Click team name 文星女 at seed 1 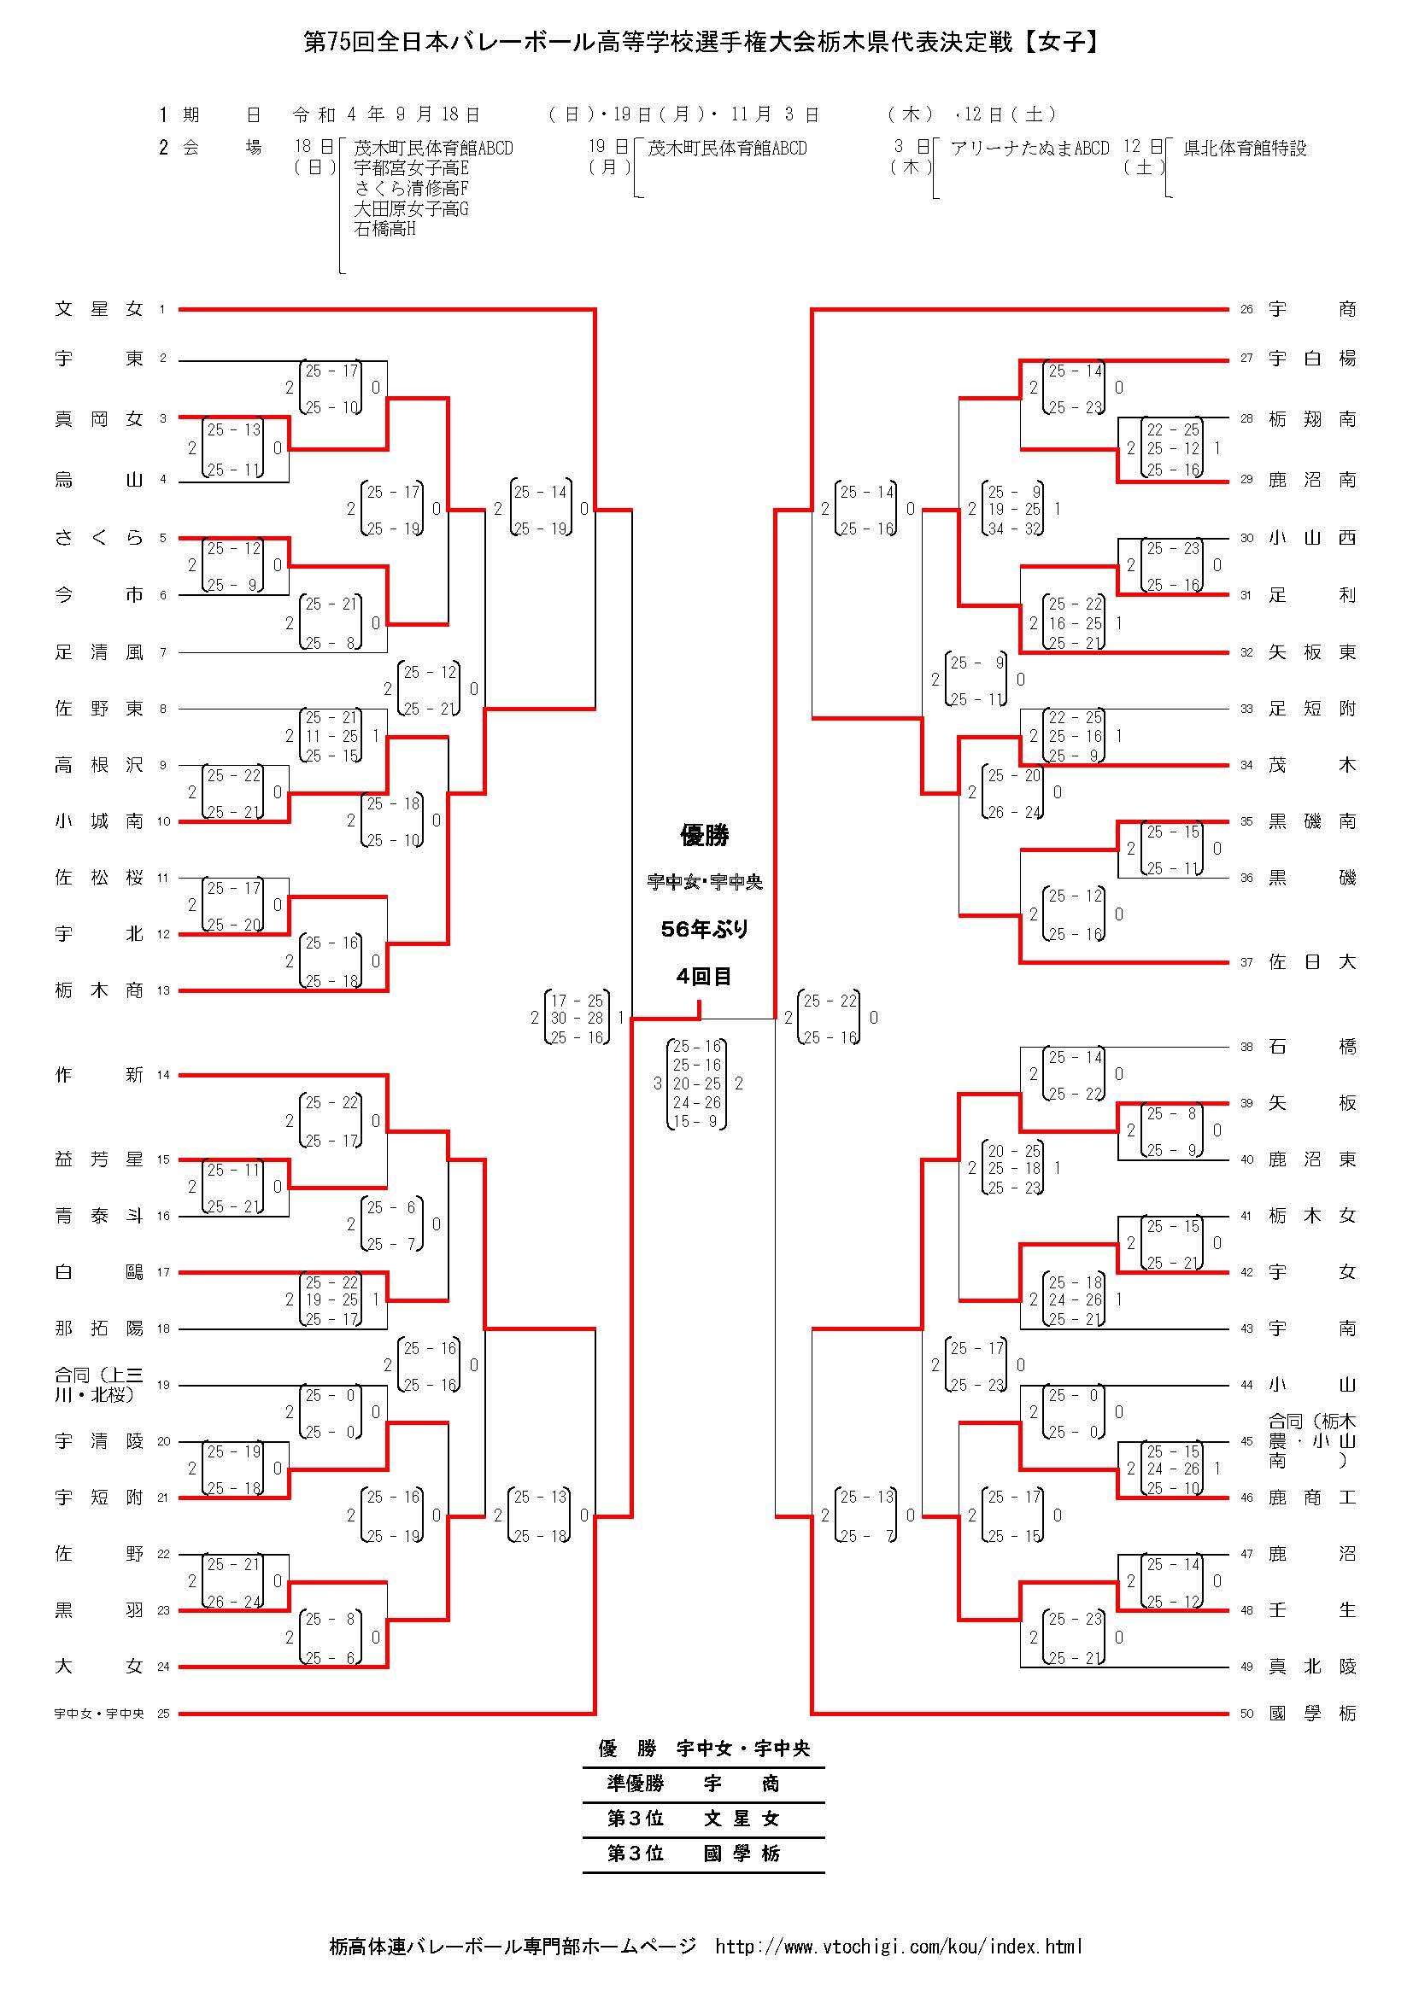pos(98,309)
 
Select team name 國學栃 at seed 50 pos(1311,1714)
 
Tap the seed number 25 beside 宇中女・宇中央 pos(163,1714)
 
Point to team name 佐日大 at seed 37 pos(1311,962)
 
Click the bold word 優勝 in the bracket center pos(704,836)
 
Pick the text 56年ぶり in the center pos(704,930)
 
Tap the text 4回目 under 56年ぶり pos(704,977)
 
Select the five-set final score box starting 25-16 pos(697,1083)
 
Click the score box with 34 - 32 pos(1014,510)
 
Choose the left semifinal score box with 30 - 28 pos(577,1018)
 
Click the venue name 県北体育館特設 pos(1244,149)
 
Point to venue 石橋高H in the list pos(384,230)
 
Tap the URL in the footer pos(898,1947)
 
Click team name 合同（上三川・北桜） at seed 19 pos(98,1385)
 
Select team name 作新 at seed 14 pos(98,1075)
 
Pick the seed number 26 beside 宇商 pos(1246,309)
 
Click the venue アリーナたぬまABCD pos(1029,149)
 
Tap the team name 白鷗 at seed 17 pos(98,1272)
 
